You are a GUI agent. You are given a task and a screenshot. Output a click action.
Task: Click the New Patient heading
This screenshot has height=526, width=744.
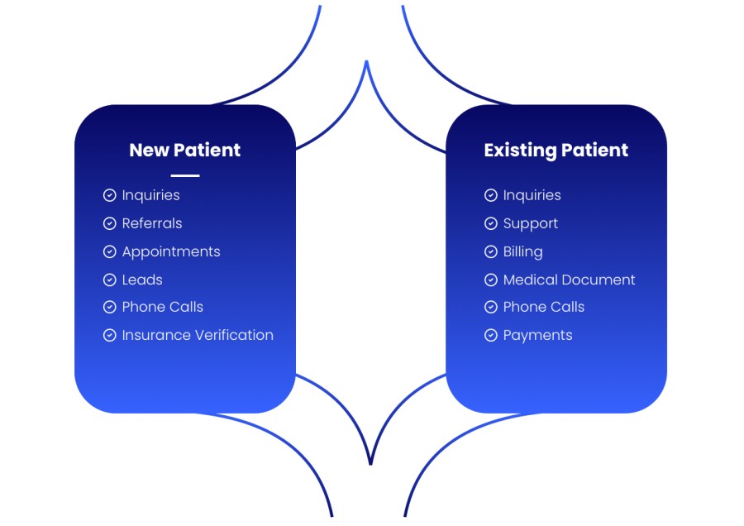[185, 150]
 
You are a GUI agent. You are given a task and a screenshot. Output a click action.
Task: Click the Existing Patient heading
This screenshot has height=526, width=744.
[556, 150]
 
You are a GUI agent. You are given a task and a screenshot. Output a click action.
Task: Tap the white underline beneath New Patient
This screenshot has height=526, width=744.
[185, 175]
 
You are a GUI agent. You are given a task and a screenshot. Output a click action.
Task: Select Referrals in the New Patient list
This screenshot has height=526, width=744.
[152, 223]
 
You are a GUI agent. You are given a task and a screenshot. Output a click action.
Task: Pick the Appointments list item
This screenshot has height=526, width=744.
[171, 251]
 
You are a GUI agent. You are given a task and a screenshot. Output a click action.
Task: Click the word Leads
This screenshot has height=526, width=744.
[142, 280]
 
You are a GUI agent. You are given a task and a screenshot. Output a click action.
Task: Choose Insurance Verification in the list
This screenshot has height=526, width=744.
[198, 335]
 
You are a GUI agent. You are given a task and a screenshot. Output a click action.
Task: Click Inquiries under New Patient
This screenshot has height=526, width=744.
[151, 195]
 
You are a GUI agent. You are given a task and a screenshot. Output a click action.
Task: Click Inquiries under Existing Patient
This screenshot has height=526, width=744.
[532, 195]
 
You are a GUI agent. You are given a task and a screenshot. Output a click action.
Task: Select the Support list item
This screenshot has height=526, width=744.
[531, 223]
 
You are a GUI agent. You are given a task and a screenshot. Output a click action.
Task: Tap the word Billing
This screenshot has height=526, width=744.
[523, 251]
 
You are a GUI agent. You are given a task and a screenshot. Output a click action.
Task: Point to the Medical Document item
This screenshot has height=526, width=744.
[569, 280]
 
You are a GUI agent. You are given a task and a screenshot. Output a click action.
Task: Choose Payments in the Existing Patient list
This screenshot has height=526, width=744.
[537, 336]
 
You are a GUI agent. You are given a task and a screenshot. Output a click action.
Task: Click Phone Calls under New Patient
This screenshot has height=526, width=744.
[162, 307]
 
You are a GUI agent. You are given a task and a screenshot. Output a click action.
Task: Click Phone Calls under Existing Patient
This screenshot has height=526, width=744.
[544, 307]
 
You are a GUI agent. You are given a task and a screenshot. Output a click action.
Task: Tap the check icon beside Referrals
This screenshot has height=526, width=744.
[110, 223]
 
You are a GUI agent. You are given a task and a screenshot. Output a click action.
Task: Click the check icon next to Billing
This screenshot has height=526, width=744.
[491, 251]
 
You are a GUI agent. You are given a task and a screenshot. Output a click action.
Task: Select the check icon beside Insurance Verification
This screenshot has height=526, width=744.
[110, 335]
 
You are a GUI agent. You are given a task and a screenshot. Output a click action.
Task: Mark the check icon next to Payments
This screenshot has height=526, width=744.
[491, 335]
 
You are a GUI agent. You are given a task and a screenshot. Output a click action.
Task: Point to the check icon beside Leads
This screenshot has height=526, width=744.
[110, 280]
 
